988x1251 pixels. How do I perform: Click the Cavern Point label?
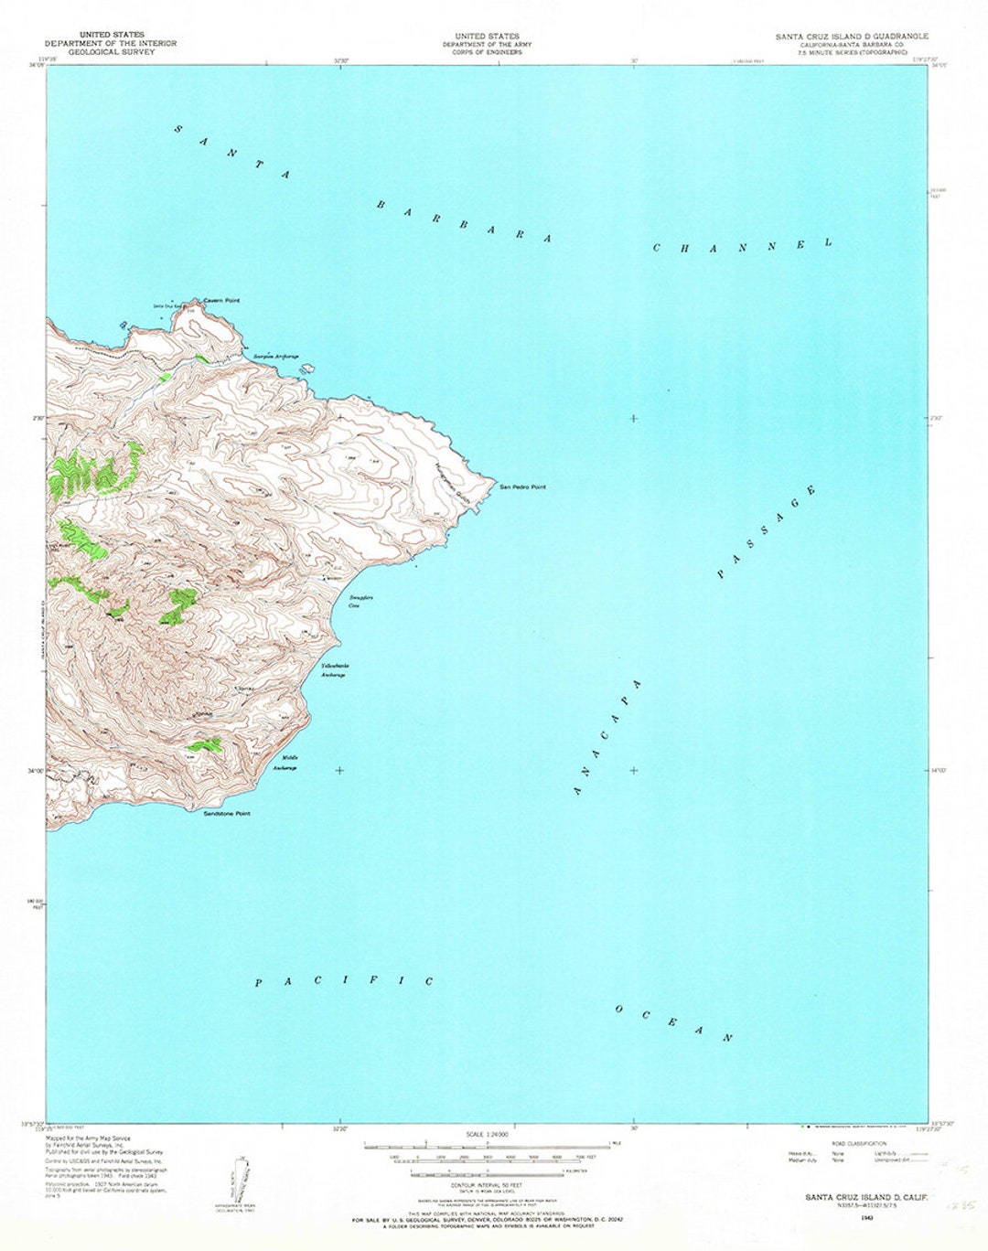(221, 301)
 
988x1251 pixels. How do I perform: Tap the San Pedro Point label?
(522, 487)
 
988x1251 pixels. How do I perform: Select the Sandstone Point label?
(227, 813)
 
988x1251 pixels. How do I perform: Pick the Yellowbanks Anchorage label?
(334, 669)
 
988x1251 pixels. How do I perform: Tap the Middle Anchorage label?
(287, 763)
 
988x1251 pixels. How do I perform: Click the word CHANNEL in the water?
(742, 245)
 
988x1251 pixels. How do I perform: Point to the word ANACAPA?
(608, 737)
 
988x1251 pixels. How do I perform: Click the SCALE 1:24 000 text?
(487, 1135)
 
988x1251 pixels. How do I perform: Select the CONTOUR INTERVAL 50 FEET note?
(487, 1183)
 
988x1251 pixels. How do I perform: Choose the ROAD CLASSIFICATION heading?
(859, 1144)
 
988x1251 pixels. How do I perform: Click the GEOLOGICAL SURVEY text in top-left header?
(111, 52)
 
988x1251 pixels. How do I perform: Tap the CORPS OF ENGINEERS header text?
(486, 52)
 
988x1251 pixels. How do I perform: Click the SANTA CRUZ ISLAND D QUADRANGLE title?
(852, 36)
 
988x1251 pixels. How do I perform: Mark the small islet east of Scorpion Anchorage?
(309, 369)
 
